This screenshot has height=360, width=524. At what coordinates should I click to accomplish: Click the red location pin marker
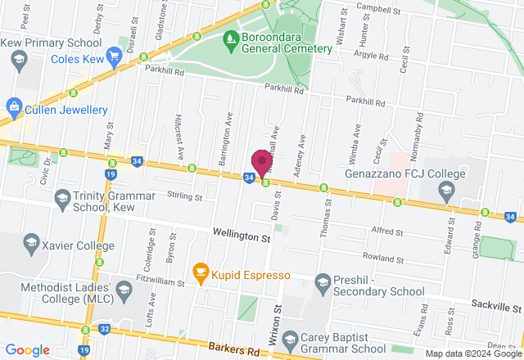[x=262, y=160]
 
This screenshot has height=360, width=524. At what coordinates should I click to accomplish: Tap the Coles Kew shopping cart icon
[x=114, y=57]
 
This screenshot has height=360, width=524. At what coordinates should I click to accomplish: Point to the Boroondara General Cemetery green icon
[x=233, y=38]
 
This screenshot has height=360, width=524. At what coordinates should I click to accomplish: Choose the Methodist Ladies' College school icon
[x=123, y=290]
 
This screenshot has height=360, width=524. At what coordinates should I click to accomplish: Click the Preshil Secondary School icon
[x=323, y=283]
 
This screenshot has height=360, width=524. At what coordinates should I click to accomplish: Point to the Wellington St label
[x=242, y=236]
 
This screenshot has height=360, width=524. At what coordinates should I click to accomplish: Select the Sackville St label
[x=496, y=307]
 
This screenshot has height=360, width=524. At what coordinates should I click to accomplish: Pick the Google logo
[x=28, y=350]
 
